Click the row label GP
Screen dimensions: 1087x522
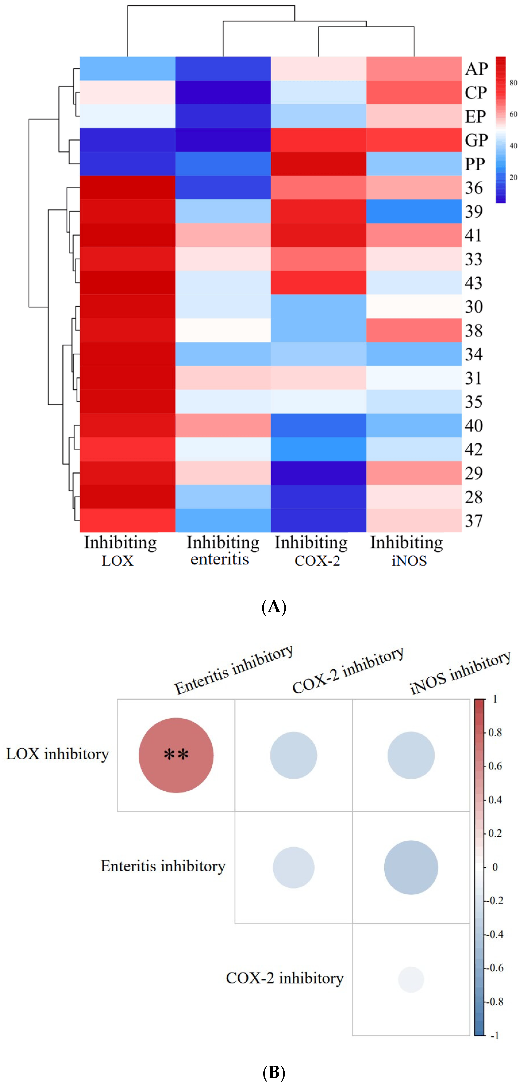[x=476, y=140]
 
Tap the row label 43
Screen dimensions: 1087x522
[x=473, y=283]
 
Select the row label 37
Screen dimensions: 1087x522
[x=473, y=521]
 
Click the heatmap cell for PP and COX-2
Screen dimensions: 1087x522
[x=318, y=164]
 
